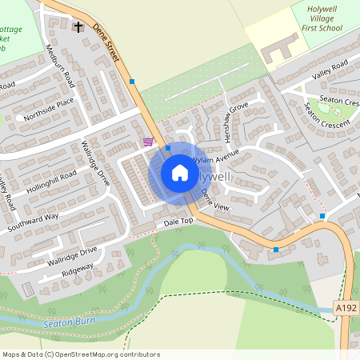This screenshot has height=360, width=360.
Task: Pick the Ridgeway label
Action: point(77,270)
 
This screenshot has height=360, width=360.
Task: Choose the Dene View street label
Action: point(216,199)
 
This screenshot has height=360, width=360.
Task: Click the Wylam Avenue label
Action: point(217,153)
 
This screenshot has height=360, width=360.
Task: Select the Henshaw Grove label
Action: point(239,118)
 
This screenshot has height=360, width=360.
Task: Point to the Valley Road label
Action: point(331,70)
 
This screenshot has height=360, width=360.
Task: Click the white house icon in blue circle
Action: point(180,172)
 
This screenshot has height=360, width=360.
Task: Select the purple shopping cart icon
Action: point(148,142)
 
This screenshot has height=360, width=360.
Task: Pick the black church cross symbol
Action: point(78,26)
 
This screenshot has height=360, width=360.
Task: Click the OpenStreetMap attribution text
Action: point(80,354)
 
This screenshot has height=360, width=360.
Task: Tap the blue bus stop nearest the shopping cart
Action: point(168,148)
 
